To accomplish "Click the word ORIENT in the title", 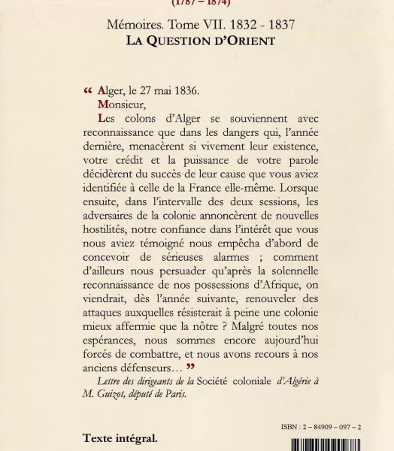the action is pos(239,41).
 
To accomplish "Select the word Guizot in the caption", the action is pos(126,395).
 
